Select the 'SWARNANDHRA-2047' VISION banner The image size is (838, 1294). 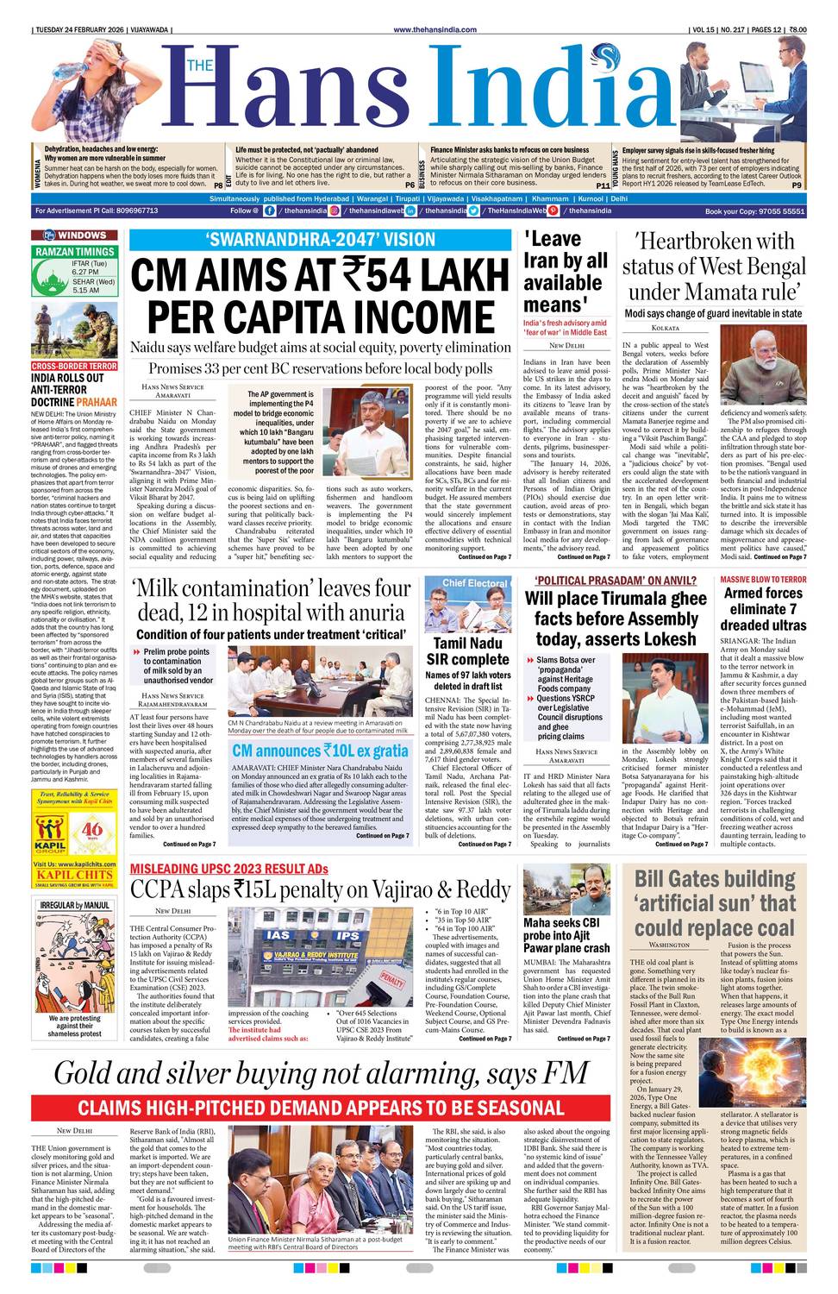click(x=320, y=241)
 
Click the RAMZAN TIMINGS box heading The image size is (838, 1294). click(x=75, y=252)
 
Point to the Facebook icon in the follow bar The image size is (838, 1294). click(x=270, y=210)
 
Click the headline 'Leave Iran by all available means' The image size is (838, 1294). click(x=565, y=272)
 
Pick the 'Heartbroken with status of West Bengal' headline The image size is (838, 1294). click(x=714, y=266)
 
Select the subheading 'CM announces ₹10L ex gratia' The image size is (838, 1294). click(x=320, y=751)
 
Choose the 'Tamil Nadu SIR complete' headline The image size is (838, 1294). click(x=467, y=651)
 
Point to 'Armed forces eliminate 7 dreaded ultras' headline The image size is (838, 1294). click(x=764, y=609)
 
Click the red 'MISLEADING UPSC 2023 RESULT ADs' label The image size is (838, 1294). click(x=228, y=869)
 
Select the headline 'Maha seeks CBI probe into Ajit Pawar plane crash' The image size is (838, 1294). click(x=566, y=935)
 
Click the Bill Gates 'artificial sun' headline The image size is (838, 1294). click(x=715, y=903)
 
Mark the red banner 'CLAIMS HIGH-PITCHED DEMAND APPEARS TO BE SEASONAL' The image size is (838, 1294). click(x=320, y=1108)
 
